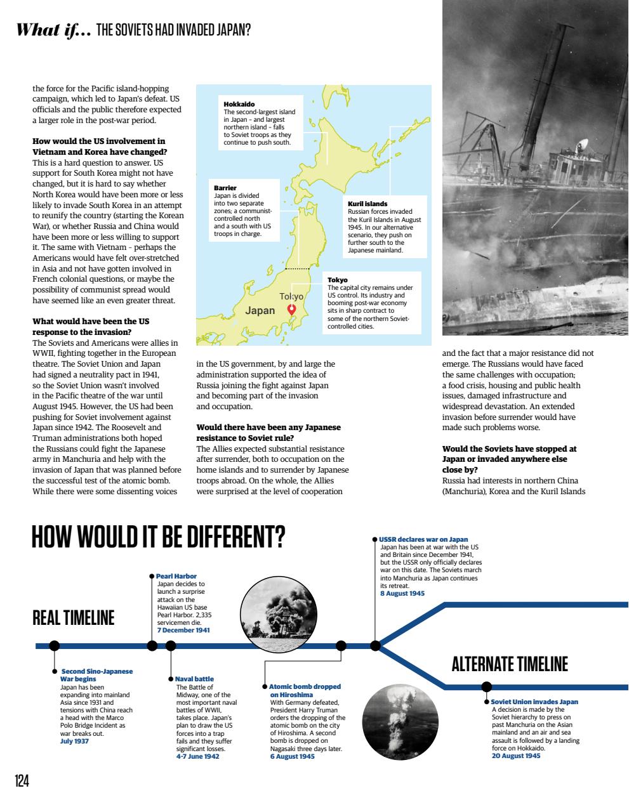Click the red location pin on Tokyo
[x=291, y=309]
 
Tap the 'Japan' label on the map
[x=260, y=310]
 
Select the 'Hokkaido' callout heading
[x=239, y=104]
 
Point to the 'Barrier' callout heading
[x=225, y=188]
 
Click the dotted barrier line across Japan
[x=297, y=270]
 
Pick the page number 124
[x=22, y=781]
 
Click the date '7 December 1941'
[x=183, y=630]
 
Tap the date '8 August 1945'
[x=402, y=593]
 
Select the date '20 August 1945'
[x=516, y=756]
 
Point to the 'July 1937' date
[x=74, y=741]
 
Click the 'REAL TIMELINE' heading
[x=74, y=618]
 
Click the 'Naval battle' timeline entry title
[x=194, y=679]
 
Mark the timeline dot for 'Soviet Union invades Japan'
[x=487, y=686]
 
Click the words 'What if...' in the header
[x=54, y=30]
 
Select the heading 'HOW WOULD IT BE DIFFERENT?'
[x=159, y=537]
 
